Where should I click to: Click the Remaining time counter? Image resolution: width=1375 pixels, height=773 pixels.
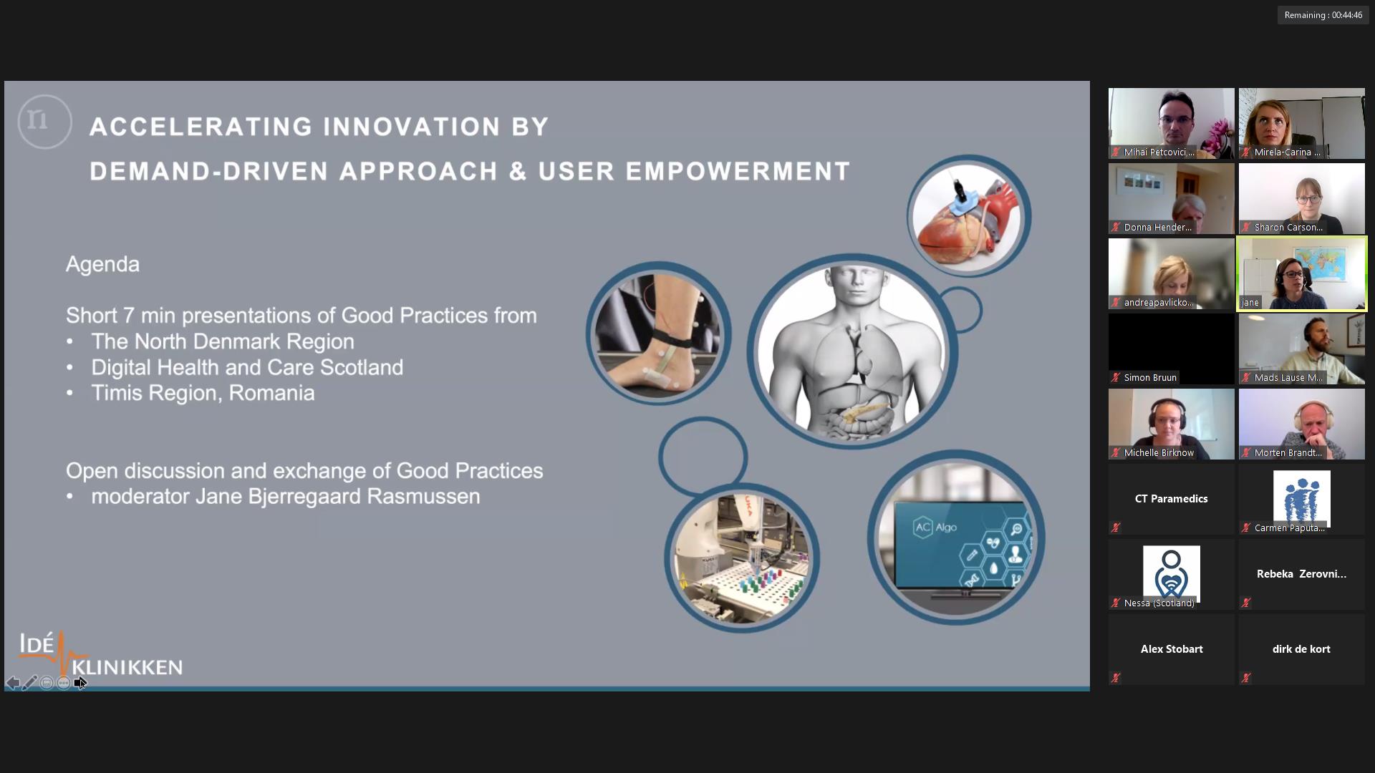click(1323, 15)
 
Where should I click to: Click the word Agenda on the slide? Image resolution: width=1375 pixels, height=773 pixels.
click(102, 264)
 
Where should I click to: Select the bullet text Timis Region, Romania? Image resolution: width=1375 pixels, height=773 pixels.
click(203, 393)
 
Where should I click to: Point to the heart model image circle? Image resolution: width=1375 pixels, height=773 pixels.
click(968, 216)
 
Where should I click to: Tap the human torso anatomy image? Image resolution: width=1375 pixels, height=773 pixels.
click(852, 351)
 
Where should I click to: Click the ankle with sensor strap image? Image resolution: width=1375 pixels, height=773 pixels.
click(658, 334)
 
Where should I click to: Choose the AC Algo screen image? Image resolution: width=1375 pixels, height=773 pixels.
click(956, 538)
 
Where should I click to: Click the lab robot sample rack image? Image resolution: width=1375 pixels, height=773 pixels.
click(742, 558)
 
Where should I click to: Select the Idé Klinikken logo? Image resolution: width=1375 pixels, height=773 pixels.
click(100, 654)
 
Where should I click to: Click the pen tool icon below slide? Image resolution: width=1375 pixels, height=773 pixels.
click(29, 683)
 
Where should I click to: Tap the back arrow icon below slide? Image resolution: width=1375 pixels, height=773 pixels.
click(13, 683)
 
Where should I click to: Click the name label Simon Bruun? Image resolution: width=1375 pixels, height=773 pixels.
click(1149, 377)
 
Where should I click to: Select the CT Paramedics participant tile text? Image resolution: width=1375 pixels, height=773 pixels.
click(1171, 499)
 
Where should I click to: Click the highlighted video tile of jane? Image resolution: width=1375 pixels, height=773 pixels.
click(1301, 273)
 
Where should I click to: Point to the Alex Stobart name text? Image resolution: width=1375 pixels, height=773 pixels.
click(1171, 649)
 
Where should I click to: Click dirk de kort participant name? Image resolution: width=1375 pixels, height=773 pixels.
click(1301, 649)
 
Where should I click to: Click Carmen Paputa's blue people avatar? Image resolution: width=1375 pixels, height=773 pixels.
click(1301, 497)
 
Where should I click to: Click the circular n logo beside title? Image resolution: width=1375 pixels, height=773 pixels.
click(44, 122)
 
